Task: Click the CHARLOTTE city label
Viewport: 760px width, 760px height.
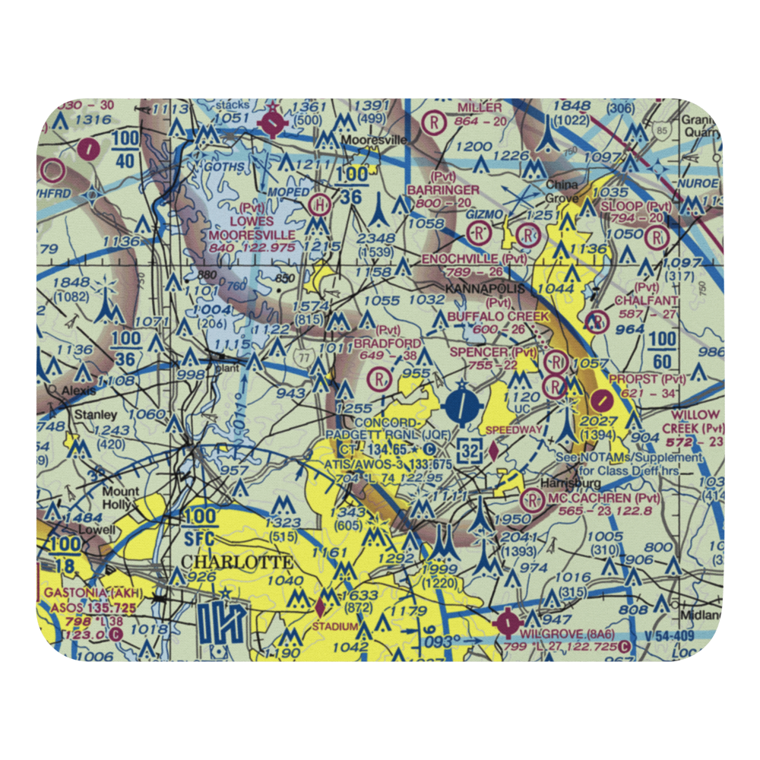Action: [236, 563]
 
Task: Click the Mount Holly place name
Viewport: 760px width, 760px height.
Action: [121, 498]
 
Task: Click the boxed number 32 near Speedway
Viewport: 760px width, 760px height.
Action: [470, 450]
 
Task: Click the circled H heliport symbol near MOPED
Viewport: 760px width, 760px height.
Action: [320, 204]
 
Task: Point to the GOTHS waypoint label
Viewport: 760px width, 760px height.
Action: [220, 167]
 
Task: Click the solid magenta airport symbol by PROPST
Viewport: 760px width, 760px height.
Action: [603, 398]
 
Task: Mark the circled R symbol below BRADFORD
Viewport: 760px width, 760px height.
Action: [378, 378]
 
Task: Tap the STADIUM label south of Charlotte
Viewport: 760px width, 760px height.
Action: [334, 625]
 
